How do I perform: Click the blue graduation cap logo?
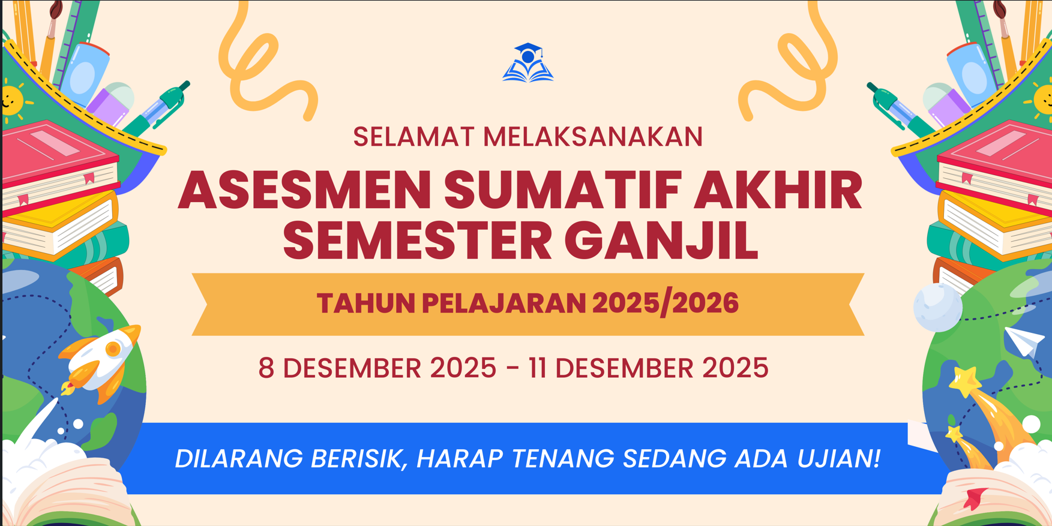pyautogui.click(x=528, y=62)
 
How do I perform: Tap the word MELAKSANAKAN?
pyautogui.click(x=593, y=137)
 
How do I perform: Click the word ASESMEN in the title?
pyautogui.click(x=305, y=190)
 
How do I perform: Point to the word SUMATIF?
pyautogui.click(x=562, y=190)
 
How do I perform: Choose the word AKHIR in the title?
pyautogui.click(x=778, y=190)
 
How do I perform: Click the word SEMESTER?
pyautogui.click(x=417, y=241)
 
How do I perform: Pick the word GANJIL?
pyautogui.click(x=661, y=241)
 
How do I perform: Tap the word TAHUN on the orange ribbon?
pyautogui.click(x=365, y=303)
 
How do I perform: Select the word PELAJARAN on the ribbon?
pyautogui.click(x=503, y=303)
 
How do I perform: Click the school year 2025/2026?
pyautogui.click(x=666, y=303)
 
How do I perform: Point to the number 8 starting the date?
pyautogui.click(x=266, y=368)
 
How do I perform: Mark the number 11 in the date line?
pyautogui.click(x=538, y=368)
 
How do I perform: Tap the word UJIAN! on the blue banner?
pyautogui.click(x=839, y=459)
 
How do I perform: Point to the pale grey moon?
pyautogui.click(x=937, y=307)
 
